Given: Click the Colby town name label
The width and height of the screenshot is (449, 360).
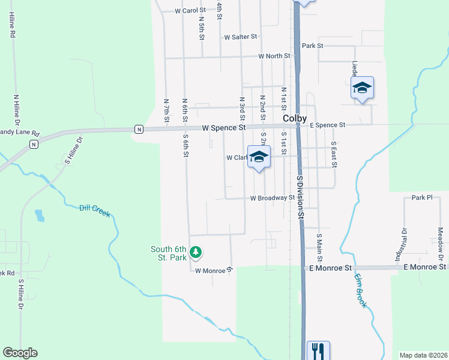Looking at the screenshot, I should coord(295,118).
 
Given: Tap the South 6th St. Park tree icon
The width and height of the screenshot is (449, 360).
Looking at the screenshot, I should coord(195,253).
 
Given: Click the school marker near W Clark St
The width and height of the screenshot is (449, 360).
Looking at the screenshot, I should coord(259,157).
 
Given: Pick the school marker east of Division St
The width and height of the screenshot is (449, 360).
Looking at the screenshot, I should coord(362,89).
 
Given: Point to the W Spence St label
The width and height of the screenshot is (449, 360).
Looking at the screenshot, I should coord(224,128).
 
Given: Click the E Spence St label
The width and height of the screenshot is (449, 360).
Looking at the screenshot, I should coord(327,125).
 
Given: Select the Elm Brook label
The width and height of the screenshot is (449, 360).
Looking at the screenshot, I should coord(360,292).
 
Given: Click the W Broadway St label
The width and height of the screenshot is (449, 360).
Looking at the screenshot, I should coord(273,197).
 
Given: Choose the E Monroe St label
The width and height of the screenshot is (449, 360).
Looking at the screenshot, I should coord(425,266).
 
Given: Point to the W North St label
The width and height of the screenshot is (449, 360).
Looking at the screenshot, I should coord(274,56).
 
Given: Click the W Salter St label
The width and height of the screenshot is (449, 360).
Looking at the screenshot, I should coord(240,37).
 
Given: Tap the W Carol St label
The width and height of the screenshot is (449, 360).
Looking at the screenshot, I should coord(190,11).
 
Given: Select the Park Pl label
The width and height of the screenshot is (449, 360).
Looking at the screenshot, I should coord(422,197).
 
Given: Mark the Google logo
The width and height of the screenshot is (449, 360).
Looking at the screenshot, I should coord(20,353).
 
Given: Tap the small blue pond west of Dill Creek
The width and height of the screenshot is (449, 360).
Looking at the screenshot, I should coord(40,215).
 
